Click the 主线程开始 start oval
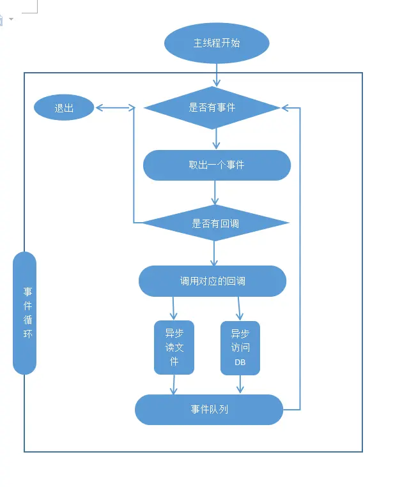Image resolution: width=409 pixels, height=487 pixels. click(x=217, y=43)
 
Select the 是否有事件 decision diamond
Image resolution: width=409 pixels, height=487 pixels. click(x=212, y=107)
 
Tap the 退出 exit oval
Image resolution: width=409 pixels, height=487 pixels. click(x=64, y=108)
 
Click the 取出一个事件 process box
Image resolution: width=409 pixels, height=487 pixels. click(x=217, y=165)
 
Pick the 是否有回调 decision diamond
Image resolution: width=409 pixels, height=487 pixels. click(x=215, y=223)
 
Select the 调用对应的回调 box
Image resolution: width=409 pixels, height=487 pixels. click(x=212, y=281)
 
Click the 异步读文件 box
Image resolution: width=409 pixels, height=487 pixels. click(x=174, y=347)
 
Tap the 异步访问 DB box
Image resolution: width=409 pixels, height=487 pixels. click(x=240, y=348)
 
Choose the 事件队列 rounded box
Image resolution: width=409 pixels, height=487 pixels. click(x=209, y=409)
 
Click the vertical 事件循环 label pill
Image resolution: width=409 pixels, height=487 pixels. click(x=24, y=313)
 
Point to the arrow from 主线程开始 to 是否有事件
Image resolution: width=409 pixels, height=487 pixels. click(x=217, y=75)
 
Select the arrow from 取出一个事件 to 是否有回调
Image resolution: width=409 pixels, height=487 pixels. click(x=215, y=193)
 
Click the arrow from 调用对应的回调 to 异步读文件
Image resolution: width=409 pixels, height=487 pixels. click(x=173, y=308)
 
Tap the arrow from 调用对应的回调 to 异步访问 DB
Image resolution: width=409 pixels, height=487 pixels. click(x=240, y=308)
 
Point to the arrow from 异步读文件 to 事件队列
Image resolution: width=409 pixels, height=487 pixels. click(x=174, y=384)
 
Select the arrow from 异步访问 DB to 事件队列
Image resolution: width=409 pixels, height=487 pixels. click(x=240, y=384)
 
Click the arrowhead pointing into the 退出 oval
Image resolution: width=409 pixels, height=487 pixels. click(x=100, y=108)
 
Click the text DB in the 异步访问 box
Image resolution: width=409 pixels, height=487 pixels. click(x=240, y=363)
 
